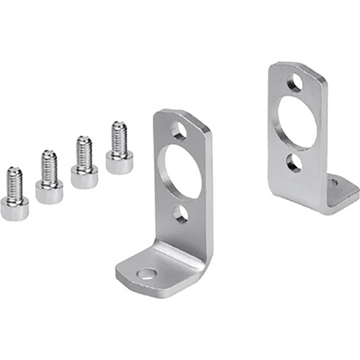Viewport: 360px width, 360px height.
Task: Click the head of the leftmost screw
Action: [x=15, y=208]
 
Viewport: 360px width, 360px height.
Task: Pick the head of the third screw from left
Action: [x=85, y=177]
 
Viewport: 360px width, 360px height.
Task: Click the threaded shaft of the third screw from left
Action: [x=84, y=151]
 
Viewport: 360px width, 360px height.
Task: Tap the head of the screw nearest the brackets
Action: [x=120, y=162]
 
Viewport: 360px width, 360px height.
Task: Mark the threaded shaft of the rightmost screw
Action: [x=119, y=136]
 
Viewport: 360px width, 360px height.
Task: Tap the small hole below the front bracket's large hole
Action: [x=181, y=212]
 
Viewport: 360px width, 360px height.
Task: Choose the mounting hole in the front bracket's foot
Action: [x=146, y=274]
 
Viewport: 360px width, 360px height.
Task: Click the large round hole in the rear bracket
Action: [x=298, y=122]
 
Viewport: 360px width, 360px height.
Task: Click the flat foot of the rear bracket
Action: [x=342, y=191]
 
